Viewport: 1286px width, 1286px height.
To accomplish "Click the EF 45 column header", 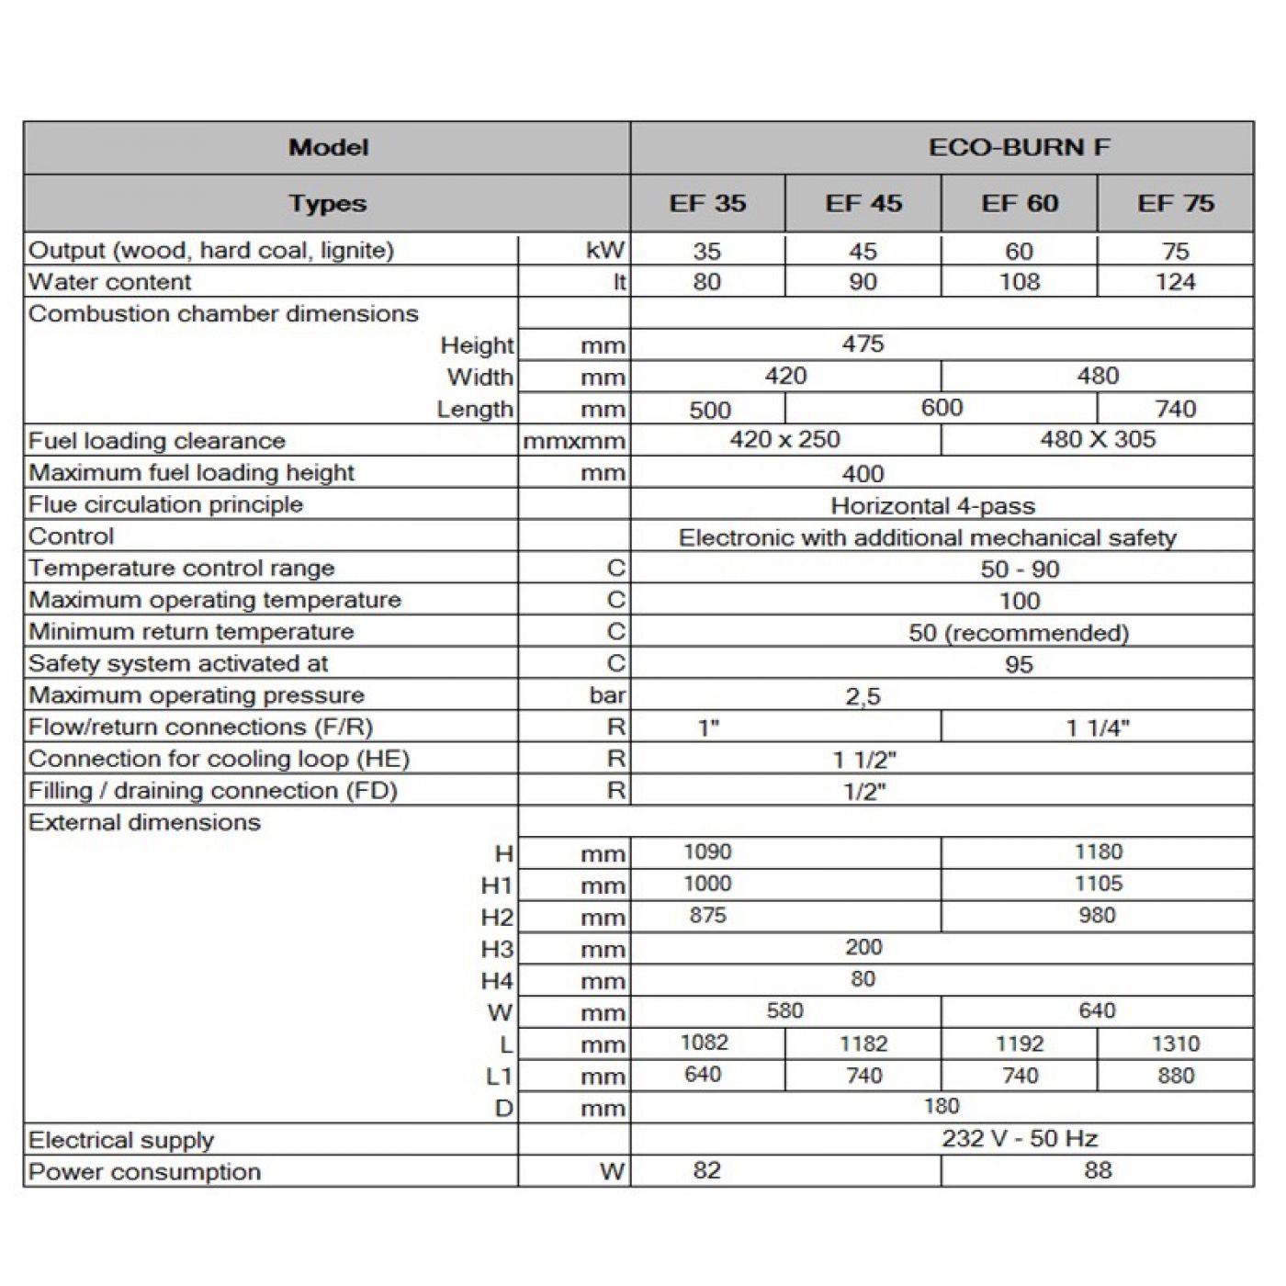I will pos(863,203).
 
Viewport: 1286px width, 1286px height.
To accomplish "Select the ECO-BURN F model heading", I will pos(1019,147).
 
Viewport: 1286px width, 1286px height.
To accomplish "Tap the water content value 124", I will pos(1175,282).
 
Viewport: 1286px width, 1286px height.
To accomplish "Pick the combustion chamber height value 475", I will pos(863,344).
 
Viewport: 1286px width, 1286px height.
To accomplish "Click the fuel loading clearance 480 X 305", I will pos(1098,439).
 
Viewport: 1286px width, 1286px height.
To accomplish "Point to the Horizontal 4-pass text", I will pos(932,505).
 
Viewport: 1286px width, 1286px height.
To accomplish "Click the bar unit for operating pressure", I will pos(607,695).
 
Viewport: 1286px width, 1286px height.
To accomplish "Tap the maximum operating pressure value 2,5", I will pos(863,696).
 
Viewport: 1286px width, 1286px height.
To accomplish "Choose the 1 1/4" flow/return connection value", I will pos(1098,728).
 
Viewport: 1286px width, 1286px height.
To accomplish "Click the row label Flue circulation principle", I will pos(165,504).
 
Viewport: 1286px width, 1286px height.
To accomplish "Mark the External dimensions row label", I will pos(144,822).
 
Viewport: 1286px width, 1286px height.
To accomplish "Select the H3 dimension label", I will pos(497,949).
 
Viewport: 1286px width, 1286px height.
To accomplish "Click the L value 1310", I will pos(1175,1043).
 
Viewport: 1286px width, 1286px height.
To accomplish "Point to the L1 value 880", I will pos(1175,1076).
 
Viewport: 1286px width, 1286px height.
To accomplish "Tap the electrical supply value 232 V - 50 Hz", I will pos(1020,1139).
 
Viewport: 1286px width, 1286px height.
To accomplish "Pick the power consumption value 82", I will pos(706,1170).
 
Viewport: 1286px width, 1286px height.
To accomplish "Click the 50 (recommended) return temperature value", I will pos(1019,633).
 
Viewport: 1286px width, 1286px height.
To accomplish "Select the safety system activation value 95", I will pos(1019,664).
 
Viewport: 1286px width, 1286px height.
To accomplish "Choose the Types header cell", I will pos(327,203).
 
